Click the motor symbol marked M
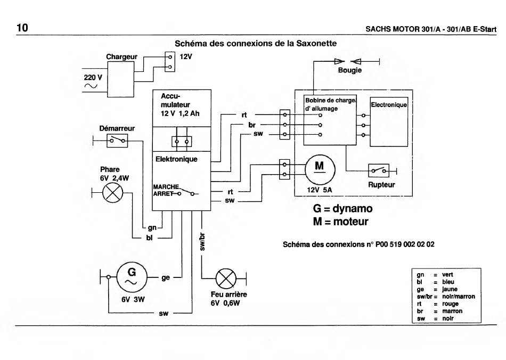point(320,169)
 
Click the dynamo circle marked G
point(132,277)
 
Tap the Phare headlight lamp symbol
point(112,193)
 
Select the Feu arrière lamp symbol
point(226,279)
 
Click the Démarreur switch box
point(117,141)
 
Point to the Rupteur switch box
point(379,170)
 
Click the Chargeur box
point(121,79)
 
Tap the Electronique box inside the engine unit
point(389,121)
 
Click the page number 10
point(22,28)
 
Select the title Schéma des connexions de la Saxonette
point(256,44)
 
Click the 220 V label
point(93,77)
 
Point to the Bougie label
point(350,70)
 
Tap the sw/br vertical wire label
point(202,242)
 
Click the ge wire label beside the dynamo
point(166,278)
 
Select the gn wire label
point(152,228)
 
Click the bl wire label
point(149,238)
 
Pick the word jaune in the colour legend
point(450,289)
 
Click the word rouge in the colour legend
point(450,304)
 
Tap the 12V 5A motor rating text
point(320,190)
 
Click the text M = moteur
point(340,222)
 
